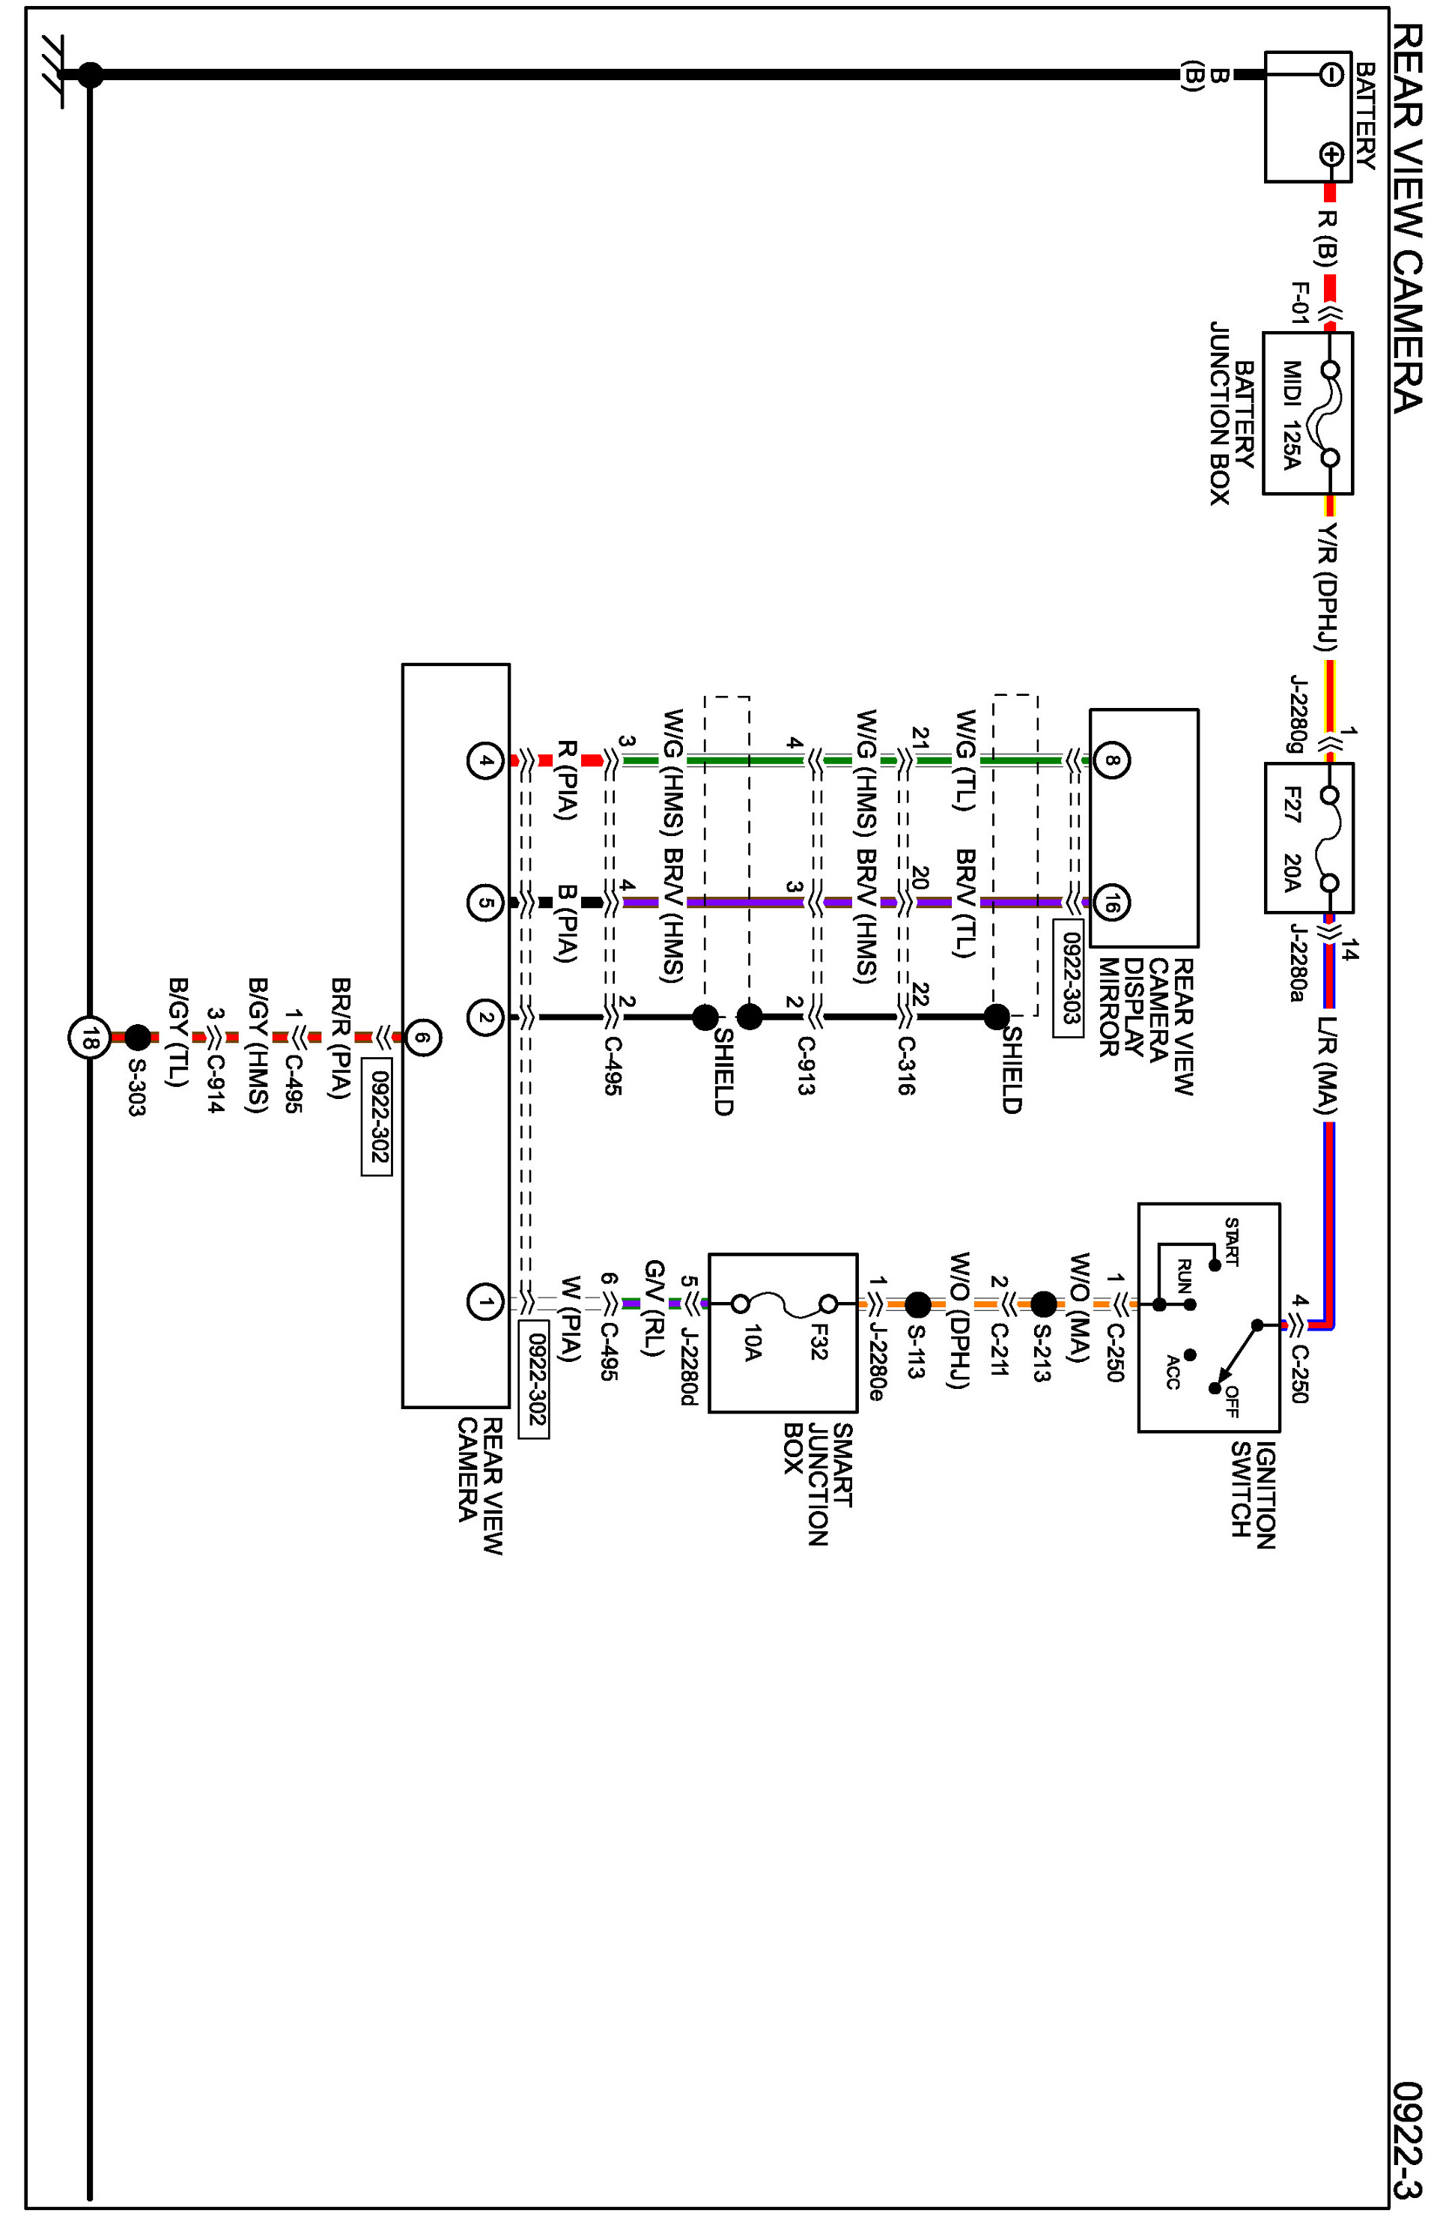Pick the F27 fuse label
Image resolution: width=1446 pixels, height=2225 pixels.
(x=1292, y=804)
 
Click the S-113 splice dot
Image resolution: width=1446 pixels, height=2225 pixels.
(x=918, y=1304)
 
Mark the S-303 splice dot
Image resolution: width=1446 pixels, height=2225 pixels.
(x=137, y=1037)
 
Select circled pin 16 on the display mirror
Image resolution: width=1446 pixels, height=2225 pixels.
(x=1111, y=903)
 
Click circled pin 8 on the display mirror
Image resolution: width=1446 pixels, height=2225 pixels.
(x=1111, y=760)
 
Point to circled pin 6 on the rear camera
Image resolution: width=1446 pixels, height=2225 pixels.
(x=422, y=1037)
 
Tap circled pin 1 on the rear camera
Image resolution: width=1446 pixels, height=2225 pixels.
(x=484, y=1301)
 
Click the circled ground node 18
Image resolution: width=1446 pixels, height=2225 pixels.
(x=89, y=1038)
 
